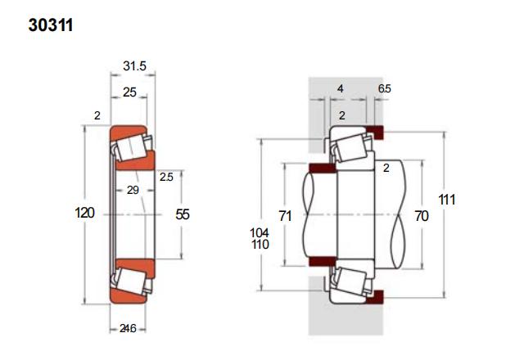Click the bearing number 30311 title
pos(51,25)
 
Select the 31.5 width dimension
pos(134,65)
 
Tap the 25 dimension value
pos(129,92)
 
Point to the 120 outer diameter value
pos(84,213)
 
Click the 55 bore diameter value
pos(183,214)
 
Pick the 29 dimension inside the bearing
pos(133,190)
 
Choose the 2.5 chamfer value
pos(166,177)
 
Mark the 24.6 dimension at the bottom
pos(128,329)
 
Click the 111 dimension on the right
pos(447,200)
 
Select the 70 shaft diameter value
pos(422,216)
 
